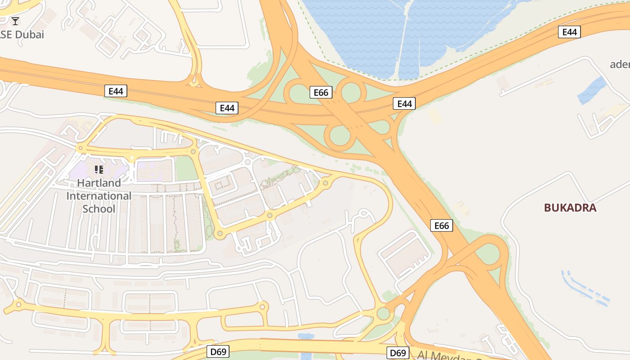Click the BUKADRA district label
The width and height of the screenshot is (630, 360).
click(x=570, y=207)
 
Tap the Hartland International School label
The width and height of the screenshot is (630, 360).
click(x=99, y=196)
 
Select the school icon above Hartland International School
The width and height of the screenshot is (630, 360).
click(x=99, y=170)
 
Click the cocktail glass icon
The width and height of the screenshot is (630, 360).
click(x=15, y=21)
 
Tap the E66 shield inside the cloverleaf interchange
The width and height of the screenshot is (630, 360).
click(x=321, y=92)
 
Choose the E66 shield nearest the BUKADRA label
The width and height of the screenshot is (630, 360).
click(x=441, y=225)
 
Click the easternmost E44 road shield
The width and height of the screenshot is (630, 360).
click(x=569, y=32)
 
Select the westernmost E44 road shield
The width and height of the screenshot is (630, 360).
click(x=116, y=91)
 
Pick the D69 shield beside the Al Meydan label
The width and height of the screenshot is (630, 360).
click(x=398, y=353)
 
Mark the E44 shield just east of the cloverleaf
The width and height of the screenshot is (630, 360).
click(x=404, y=103)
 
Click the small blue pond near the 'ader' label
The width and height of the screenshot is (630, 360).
click(x=592, y=90)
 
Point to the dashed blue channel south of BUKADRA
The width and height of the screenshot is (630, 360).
click(x=585, y=286)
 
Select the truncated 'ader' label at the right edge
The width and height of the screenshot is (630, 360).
click(x=620, y=64)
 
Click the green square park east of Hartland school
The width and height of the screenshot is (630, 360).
click(x=184, y=169)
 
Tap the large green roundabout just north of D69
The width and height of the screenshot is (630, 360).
click(x=383, y=313)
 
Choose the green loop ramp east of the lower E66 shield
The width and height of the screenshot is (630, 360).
click(x=488, y=254)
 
